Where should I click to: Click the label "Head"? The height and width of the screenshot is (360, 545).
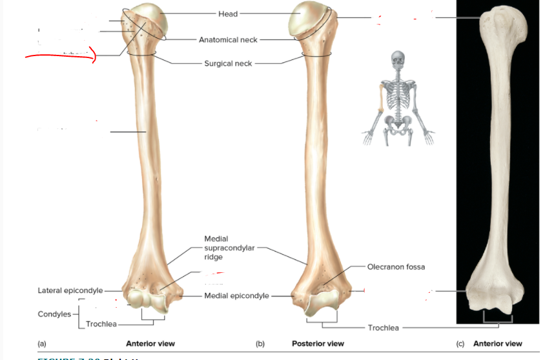228,14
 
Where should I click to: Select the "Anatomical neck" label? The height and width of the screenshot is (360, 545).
228,40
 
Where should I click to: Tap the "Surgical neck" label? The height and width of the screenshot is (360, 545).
228,64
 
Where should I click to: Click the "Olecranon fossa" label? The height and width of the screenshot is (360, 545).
396,266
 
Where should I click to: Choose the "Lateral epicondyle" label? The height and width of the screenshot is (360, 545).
70,291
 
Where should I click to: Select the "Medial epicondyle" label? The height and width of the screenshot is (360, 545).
236,296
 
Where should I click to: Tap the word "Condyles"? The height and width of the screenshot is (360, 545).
54,314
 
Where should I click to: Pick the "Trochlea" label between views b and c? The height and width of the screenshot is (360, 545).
384,328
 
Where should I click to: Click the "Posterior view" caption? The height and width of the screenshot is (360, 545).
318,344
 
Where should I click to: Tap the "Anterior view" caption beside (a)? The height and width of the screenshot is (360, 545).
150,344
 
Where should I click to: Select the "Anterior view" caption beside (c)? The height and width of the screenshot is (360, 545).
498,344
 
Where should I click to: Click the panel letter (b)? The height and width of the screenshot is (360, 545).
260,344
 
